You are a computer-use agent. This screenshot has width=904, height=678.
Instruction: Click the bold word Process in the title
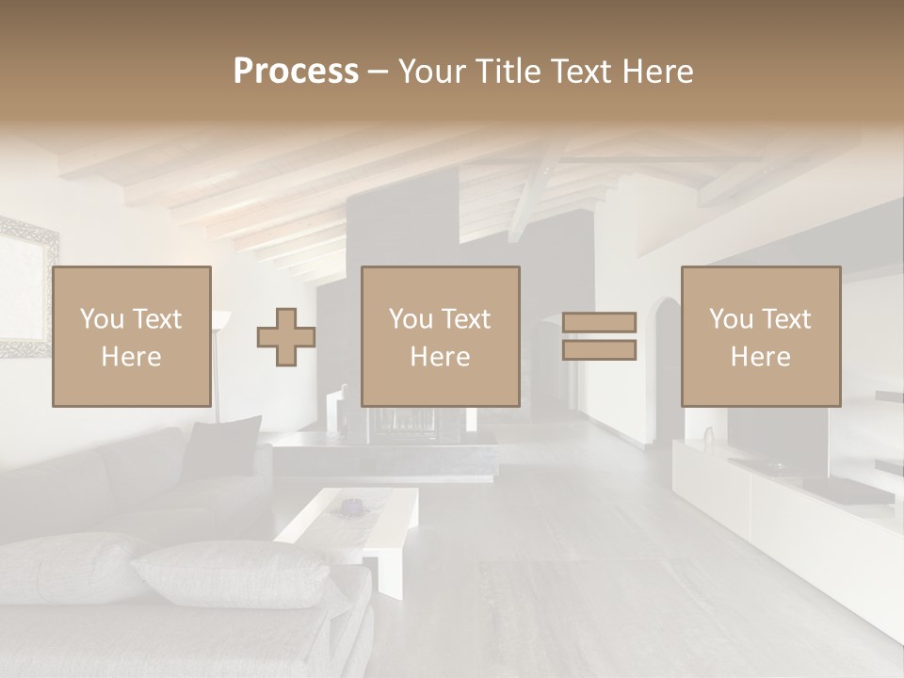pyautogui.click(x=296, y=72)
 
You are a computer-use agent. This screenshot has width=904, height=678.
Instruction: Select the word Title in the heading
pyautogui.click(x=508, y=72)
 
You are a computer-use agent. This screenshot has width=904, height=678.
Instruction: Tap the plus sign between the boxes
pyautogui.click(x=286, y=336)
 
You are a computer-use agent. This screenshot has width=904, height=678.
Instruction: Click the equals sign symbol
pyautogui.click(x=599, y=336)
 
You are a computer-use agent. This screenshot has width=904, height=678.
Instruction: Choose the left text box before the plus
pyautogui.click(x=131, y=336)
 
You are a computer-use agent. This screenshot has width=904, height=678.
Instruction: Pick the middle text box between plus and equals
pyautogui.click(x=440, y=336)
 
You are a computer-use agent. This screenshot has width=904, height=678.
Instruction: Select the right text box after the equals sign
pyautogui.click(x=760, y=336)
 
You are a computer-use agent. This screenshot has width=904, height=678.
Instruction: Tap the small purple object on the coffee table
pyautogui.click(x=350, y=507)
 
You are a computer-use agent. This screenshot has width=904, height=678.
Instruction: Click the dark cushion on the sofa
pyautogui.click(x=222, y=447)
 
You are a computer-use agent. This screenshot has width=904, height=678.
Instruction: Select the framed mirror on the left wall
pyautogui.click(x=26, y=287)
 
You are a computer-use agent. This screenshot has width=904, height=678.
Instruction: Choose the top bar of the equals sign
pyautogui.click(x=599, y=322)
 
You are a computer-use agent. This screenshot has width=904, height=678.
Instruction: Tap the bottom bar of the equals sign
pyautogui.click(x=599, y=350)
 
